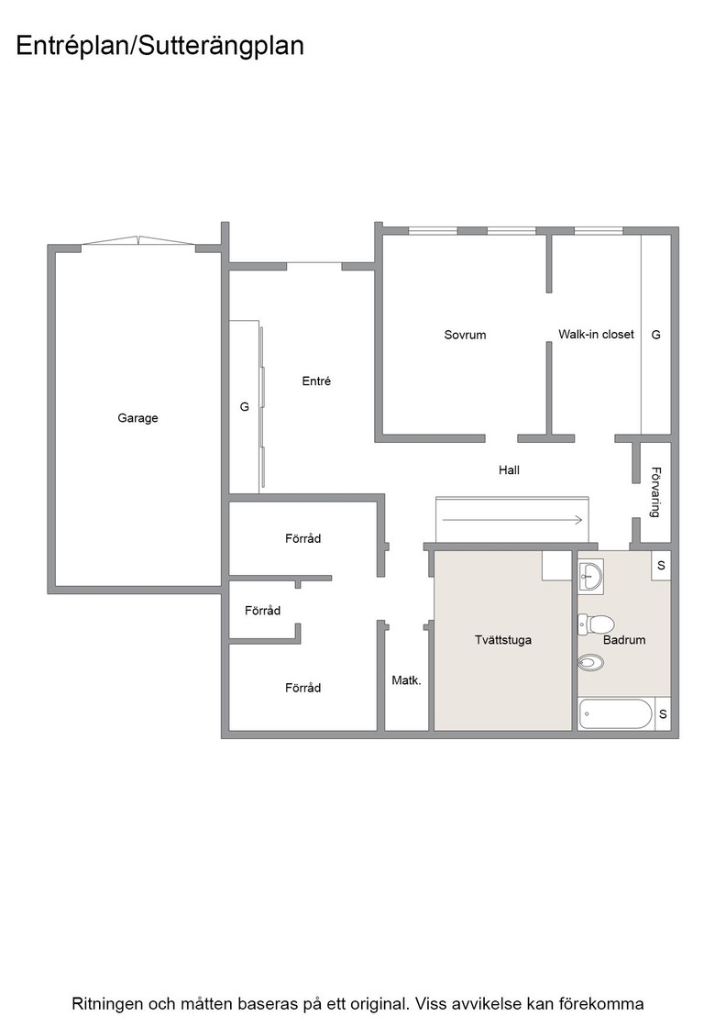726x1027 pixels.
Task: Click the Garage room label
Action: [137, 418]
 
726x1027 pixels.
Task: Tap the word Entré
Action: [316, 381]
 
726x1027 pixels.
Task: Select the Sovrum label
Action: [465, 335]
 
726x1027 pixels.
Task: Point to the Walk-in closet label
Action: [596, 334]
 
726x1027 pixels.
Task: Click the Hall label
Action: [509, 469]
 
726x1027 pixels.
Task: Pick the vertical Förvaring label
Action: [654, 491]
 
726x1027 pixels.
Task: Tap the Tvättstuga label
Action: [502, 640]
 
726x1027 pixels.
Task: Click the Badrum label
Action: [624, 640]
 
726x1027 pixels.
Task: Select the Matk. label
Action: [406, 680]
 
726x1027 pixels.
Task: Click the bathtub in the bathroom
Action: [616, 714]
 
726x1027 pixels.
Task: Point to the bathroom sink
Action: [591, 577]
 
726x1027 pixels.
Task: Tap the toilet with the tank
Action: [595, 624]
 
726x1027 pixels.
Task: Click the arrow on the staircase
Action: [512, 520]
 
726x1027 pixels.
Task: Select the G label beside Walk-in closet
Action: [655, 335]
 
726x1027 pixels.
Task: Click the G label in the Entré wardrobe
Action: [244, 407]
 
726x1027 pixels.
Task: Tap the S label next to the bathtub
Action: [663, 714]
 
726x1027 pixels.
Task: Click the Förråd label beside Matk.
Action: [302, 688]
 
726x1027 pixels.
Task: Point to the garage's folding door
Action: [138, 241]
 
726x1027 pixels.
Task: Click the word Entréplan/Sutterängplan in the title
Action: [159, 46]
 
